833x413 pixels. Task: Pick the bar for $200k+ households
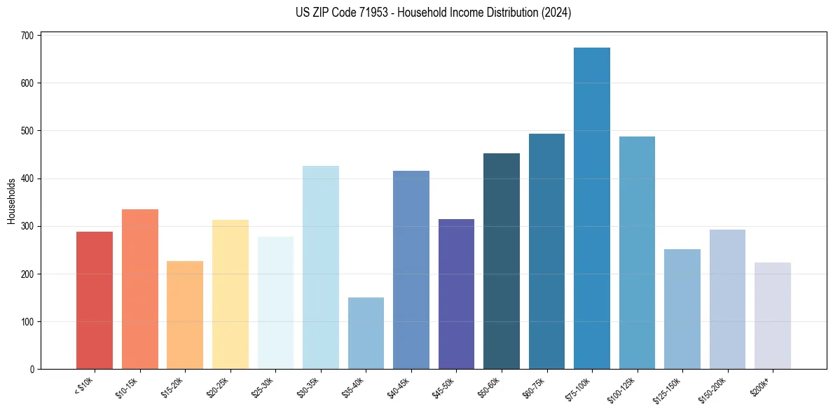click(x=772, y=316)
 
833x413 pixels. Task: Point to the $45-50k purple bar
click(x=456, y=294)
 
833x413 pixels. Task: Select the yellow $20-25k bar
click(x=230, y=295)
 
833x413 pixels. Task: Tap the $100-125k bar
click(x=637, y=253)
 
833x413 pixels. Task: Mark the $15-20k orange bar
click(x=185, y=315)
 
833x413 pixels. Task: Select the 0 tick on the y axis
click(x=32, y=370)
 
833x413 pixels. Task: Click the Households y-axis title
click(x=11, y=201)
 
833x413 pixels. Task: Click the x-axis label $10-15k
click(x=127, y=386)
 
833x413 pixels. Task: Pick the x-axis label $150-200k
click(x=713, y=388)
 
